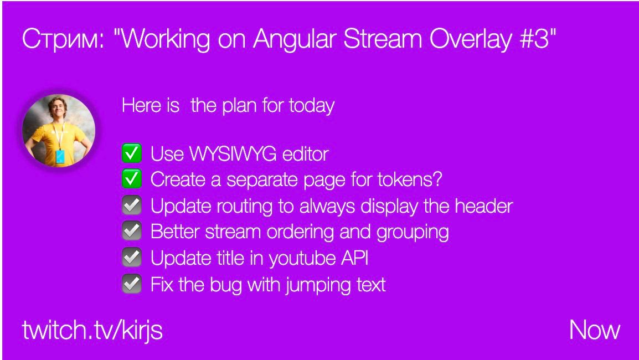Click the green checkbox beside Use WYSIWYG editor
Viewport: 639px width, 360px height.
pos(132,153)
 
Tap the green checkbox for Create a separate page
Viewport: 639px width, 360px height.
pos(132,179)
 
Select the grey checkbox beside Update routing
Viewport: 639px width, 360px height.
pos(132,205)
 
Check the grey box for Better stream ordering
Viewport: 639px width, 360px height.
pos(132,231)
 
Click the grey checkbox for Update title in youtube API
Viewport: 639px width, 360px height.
pos(132,257)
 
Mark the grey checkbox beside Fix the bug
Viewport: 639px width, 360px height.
pos(132,284)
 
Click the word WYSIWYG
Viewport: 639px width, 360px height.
pos(233,154)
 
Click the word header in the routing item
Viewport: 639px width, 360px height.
pos(484,205)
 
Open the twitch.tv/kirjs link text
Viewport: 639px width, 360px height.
pos(92,330)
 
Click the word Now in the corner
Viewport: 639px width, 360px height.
pos(595,330)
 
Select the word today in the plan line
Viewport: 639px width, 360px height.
pos(312,106)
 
